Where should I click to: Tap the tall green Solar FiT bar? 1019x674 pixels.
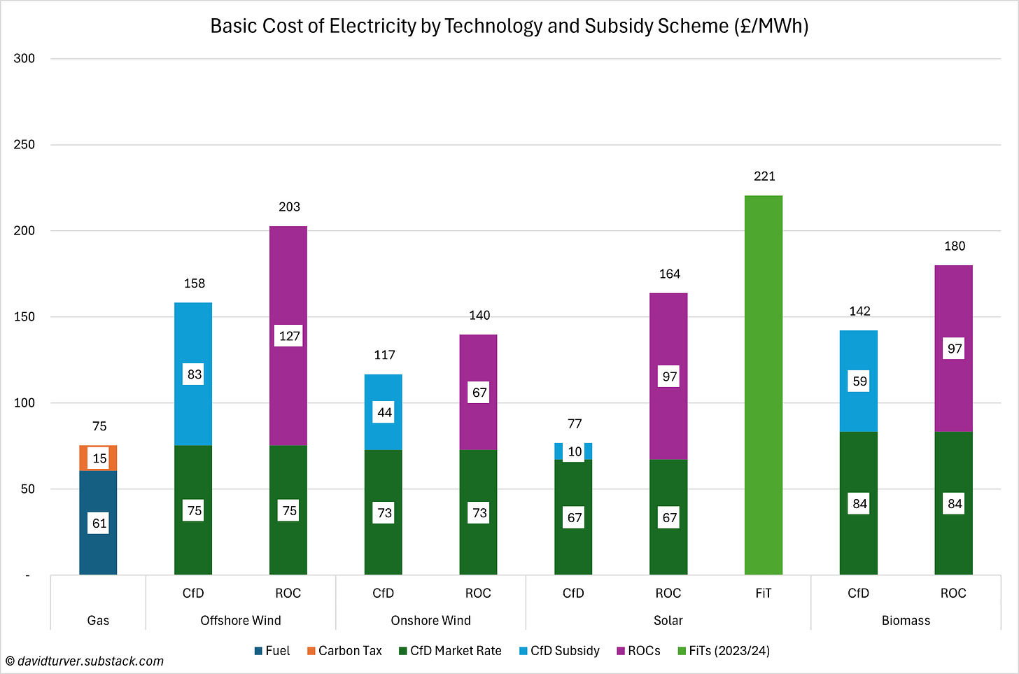[764, 385]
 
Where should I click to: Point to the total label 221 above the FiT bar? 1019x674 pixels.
[764, 176]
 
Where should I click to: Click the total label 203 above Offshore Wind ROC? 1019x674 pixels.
[289, 207]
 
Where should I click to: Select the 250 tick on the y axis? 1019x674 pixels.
[24, 145]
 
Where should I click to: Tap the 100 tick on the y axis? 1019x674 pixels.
[24, 403]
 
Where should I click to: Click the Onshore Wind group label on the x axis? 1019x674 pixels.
[430, 621]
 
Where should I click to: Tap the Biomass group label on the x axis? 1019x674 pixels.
[906, 621]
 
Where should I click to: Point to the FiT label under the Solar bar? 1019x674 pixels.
[764, 594]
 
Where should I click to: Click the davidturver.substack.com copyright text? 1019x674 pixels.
[85, 661]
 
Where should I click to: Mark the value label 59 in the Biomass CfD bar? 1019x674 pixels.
[859, 381]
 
